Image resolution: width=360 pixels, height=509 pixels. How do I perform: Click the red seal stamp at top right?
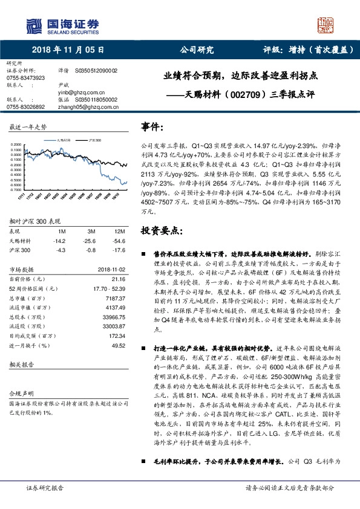coord(326,25)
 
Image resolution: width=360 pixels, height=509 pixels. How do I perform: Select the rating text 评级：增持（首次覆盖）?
coord(308,51)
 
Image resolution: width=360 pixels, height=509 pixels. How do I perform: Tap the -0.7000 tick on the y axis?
coord(17,189)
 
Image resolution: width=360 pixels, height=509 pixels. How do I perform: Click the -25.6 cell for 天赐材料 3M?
coord(91,241)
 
